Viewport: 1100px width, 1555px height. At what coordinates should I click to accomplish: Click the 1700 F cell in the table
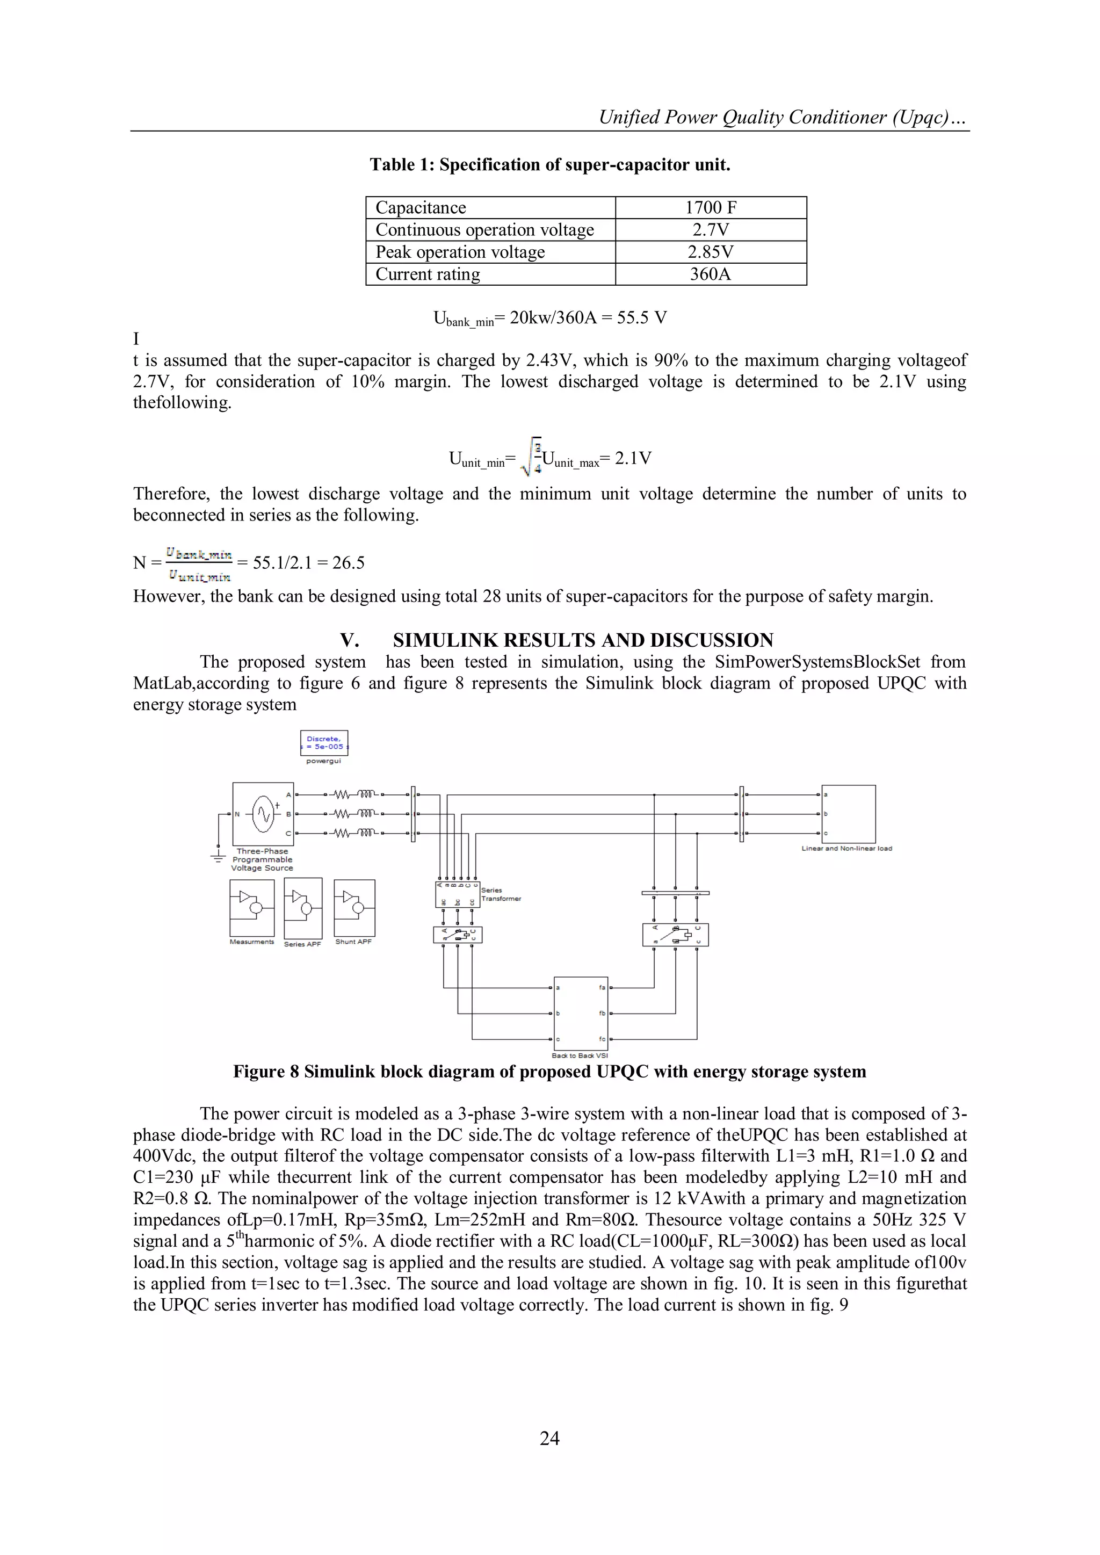[x=711, y=208]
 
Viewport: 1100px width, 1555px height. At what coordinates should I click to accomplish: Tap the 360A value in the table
[x=711, y=274]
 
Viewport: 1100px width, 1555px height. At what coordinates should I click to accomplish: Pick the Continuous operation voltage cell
[x=484, y=229]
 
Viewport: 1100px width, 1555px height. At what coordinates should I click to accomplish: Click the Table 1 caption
[x=549, y=164]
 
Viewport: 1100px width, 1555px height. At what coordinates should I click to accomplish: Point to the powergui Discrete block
[x=324, y=743]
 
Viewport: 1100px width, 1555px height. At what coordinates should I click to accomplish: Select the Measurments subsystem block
[x=252, y=908]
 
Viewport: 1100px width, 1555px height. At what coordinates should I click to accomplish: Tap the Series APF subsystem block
[x=303, y=908]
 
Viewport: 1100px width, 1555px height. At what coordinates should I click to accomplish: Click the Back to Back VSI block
[x=581, y=1013]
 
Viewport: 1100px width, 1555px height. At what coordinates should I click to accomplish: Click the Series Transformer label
[x=501, y=895]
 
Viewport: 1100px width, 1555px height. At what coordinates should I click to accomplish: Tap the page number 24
[x=549, y=1438]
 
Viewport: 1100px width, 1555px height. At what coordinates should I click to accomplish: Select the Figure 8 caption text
[x=549, y=1072]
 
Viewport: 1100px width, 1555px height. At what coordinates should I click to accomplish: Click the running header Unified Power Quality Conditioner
[x=783, y=118]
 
